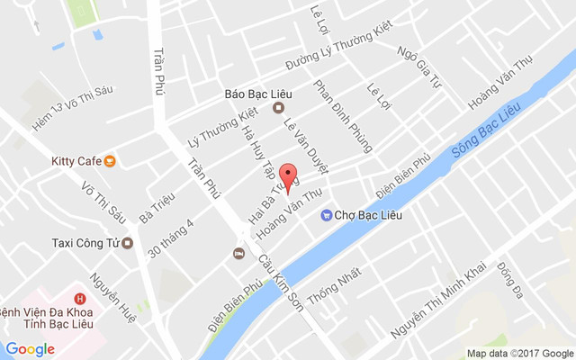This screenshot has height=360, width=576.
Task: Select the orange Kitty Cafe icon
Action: [x=109, y=161]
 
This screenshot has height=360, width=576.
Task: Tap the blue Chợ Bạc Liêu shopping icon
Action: [x=326, y=214]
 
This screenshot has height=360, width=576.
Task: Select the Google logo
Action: [x=30, y=349]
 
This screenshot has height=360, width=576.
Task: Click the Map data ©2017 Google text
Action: [x=519, y=353]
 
